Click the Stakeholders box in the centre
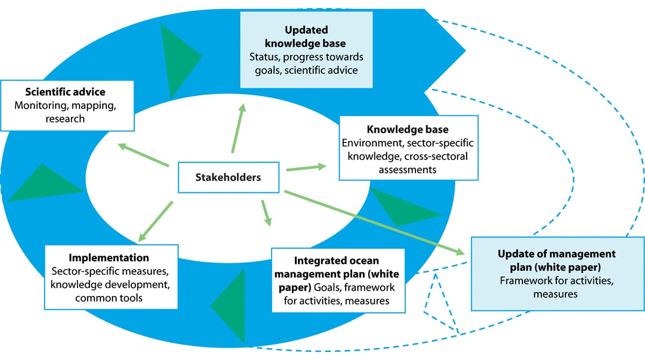point(229,177)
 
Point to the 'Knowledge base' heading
point(407,129)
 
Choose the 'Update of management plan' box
point(556,273)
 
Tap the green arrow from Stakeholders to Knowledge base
point(306,168)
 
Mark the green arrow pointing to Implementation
point(155,221)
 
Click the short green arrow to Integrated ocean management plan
point(266,213)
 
